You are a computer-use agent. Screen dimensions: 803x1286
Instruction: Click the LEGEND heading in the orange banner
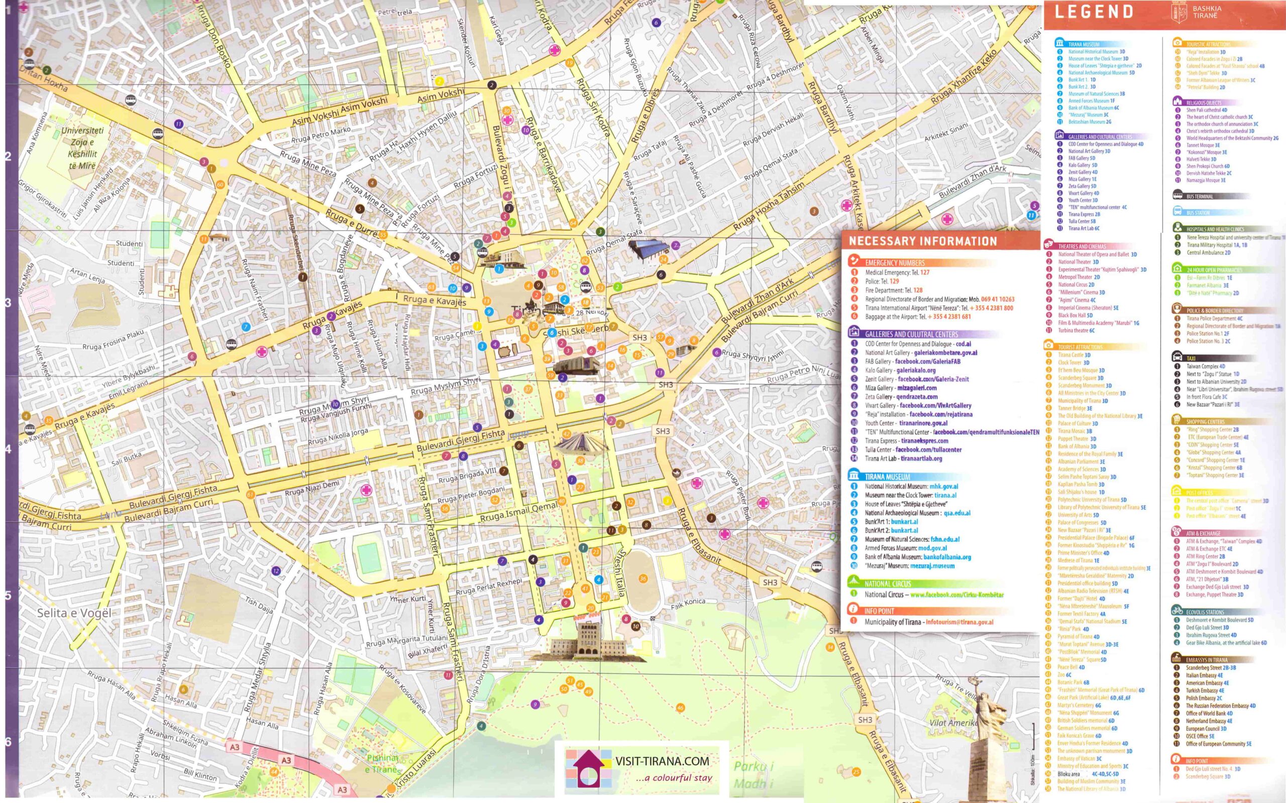1094,12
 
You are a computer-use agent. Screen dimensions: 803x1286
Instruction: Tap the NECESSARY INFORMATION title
923,241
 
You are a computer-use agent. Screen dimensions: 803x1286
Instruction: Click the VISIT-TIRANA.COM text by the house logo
662,761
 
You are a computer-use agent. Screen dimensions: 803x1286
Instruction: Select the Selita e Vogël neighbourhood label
74,613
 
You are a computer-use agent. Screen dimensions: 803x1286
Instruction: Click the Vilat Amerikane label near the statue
953,723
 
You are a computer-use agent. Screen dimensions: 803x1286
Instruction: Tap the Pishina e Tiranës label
382,763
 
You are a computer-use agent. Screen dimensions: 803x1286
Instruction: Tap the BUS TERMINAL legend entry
1200,196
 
